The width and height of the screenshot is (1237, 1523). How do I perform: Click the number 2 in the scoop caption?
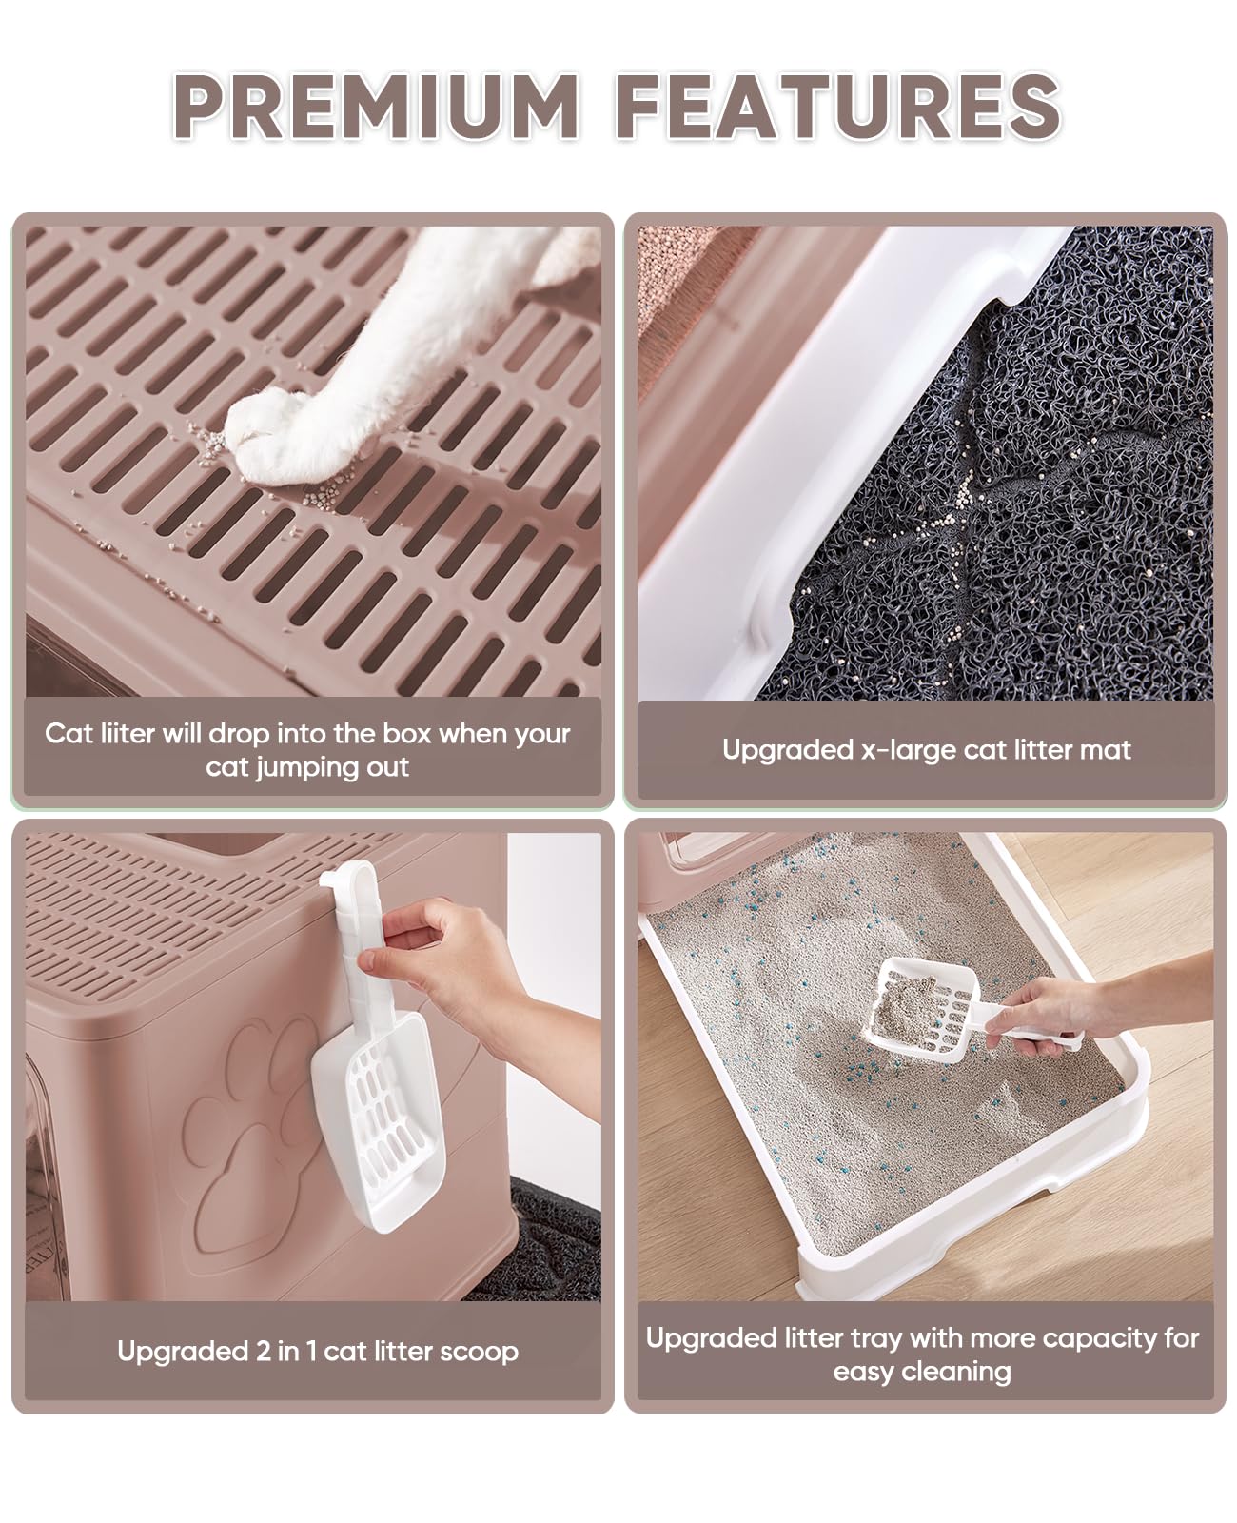[263, 1352]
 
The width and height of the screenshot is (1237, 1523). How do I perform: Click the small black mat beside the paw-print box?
[552, 1237]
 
